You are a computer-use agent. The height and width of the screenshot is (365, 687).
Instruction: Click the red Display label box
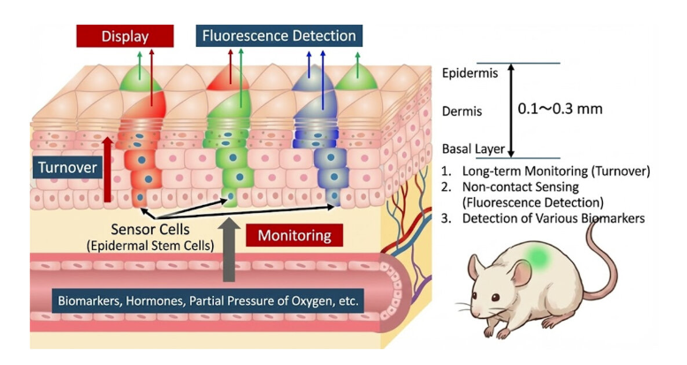point(124,36)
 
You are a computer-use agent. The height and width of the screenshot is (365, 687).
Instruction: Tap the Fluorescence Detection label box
point(279,36)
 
